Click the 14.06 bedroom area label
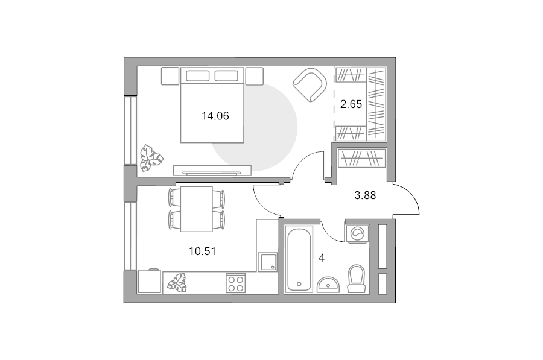click(215, 116)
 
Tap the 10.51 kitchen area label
click(202, 251)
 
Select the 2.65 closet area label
click(351, 104)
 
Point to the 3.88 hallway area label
click(365, 195)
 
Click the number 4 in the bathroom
click(322, 258)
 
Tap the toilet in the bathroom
click(357, 279)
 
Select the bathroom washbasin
click(328, 285)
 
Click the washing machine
click(357, 233)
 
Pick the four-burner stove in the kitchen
click(235, 283)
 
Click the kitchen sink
click(267, 262)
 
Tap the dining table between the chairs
click(196, 209)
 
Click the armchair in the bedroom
click(310, 85)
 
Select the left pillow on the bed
click(197, 76)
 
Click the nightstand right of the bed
click(255, 76)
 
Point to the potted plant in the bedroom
click(151, 158)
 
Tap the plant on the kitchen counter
click(177, 282)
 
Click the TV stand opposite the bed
click(212, 170)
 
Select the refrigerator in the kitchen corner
click(150, 281)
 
